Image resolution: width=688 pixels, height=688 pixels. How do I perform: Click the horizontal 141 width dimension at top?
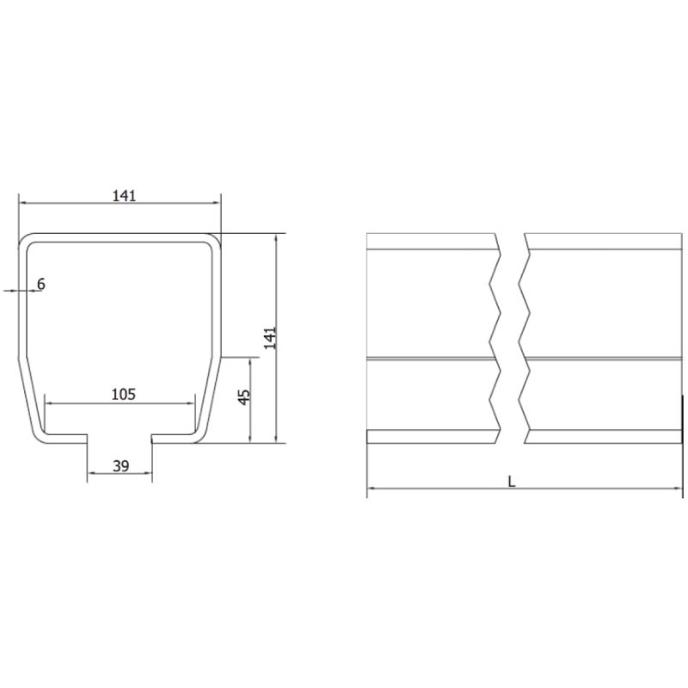(x=124, y=196)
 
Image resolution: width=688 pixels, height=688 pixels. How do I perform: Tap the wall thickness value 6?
(x=40, y=284)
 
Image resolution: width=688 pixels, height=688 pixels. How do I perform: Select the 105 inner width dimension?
(x=124, y=394)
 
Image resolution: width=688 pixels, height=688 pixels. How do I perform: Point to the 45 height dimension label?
(x=243, y=396)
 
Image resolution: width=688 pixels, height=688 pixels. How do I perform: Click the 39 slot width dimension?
(x=120, y=466)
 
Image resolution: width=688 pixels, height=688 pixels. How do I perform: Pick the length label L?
(x=511, y=482)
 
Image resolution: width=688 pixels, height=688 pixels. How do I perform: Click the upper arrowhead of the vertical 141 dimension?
(x=275, y=236)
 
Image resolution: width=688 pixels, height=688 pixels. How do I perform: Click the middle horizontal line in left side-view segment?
(x=430, y=357)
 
